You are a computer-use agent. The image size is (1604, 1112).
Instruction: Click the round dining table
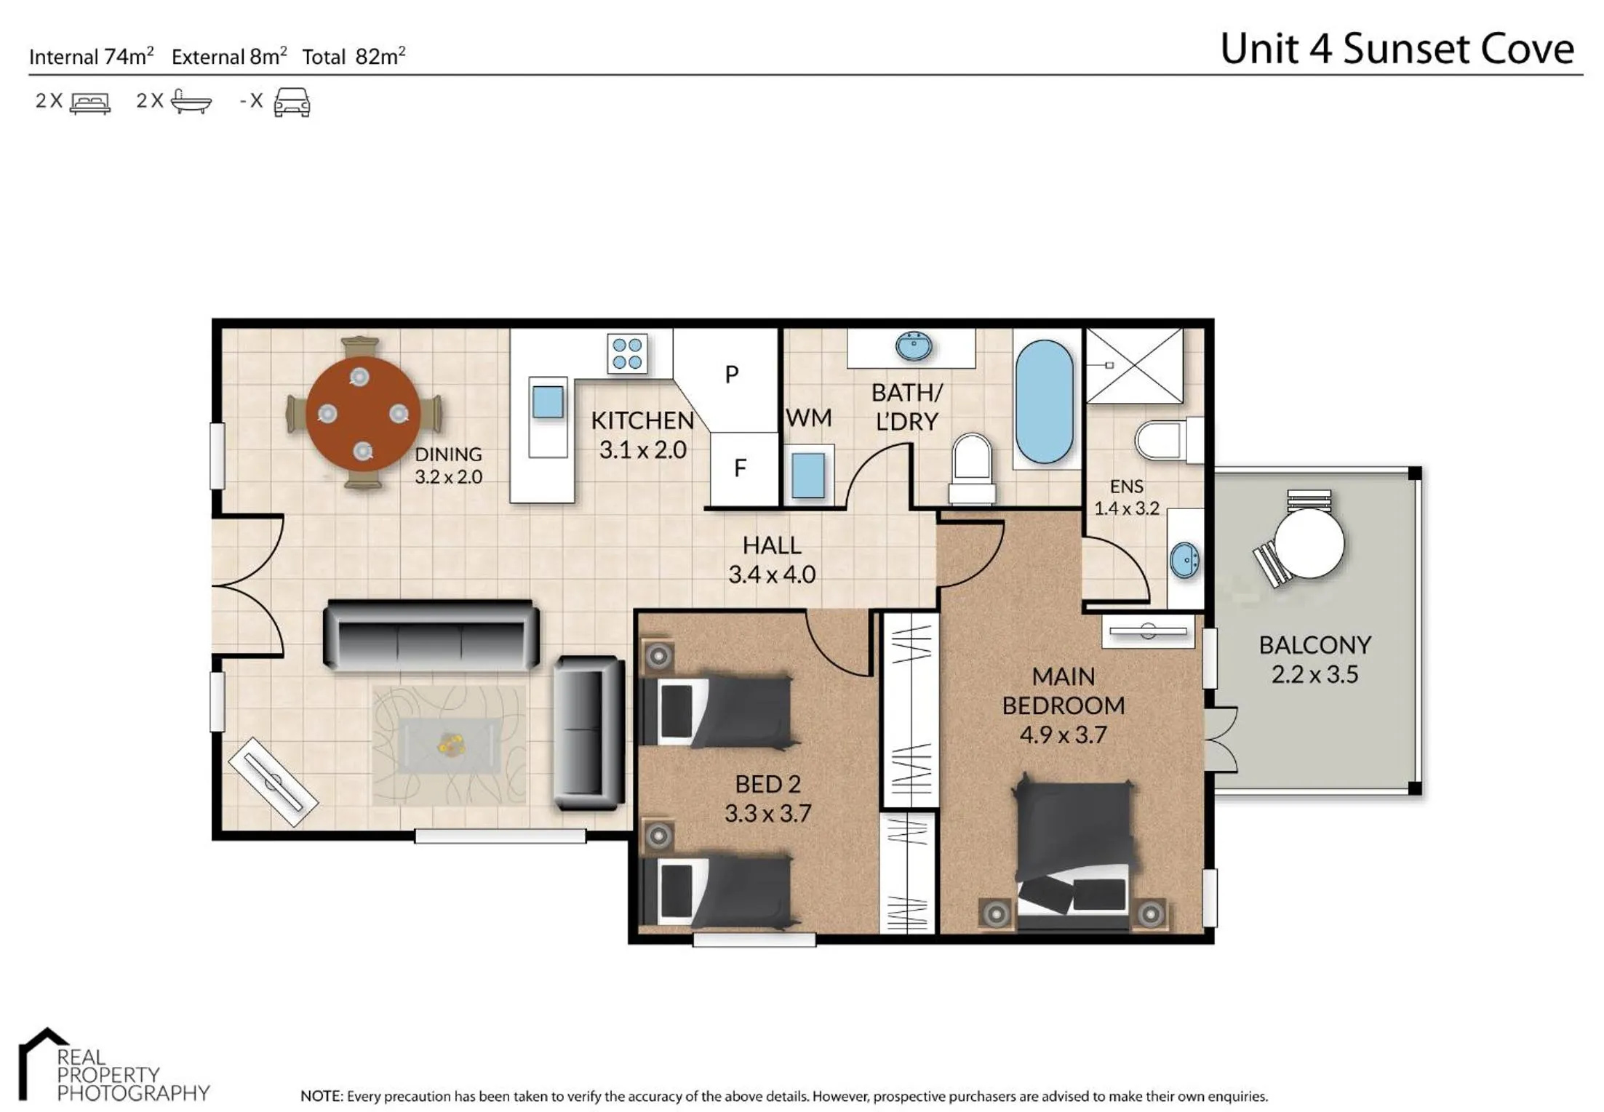pyautogui.click(x=362, y=413)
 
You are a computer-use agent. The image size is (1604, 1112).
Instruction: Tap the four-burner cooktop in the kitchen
pyautogui.click(x=627, y=353)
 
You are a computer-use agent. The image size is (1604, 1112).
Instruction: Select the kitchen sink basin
pyautogui.click(x=547, y=401)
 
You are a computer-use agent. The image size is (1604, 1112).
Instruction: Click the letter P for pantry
pyautogui.click(x=732, y=375)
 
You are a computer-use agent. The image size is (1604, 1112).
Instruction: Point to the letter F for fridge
pyautogui.click(x=740, y=468)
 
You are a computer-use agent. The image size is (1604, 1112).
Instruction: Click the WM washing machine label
pyautogui.click(x=808, y=418)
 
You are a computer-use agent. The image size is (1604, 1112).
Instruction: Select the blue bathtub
pyautogui.click(x=1044, y=401)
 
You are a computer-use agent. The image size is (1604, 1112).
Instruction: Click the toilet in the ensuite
pyautogui.click(x=1164, y=439)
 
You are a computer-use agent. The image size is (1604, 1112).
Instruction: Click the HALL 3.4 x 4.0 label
pyautogui.click(x=772, y=560)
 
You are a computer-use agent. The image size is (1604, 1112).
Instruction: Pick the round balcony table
pyautogui.click(x=1309, y=542)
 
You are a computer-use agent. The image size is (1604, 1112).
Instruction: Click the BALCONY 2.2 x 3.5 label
pyautogui.click(x=1314, y=660)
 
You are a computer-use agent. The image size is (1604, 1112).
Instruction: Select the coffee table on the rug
pyautogui.click(x=450, y=745)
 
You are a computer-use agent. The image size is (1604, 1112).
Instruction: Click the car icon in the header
pyautogui.click(x=292, y=102)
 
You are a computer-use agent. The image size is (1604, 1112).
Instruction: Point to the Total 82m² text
pyautogui.click(x=354, y=57)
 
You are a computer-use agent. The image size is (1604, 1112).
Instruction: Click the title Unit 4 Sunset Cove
pyautogui.click(x=1397, y=49)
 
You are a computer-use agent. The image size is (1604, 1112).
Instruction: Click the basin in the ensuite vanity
pyautogui.click(x=1184, y=560)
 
